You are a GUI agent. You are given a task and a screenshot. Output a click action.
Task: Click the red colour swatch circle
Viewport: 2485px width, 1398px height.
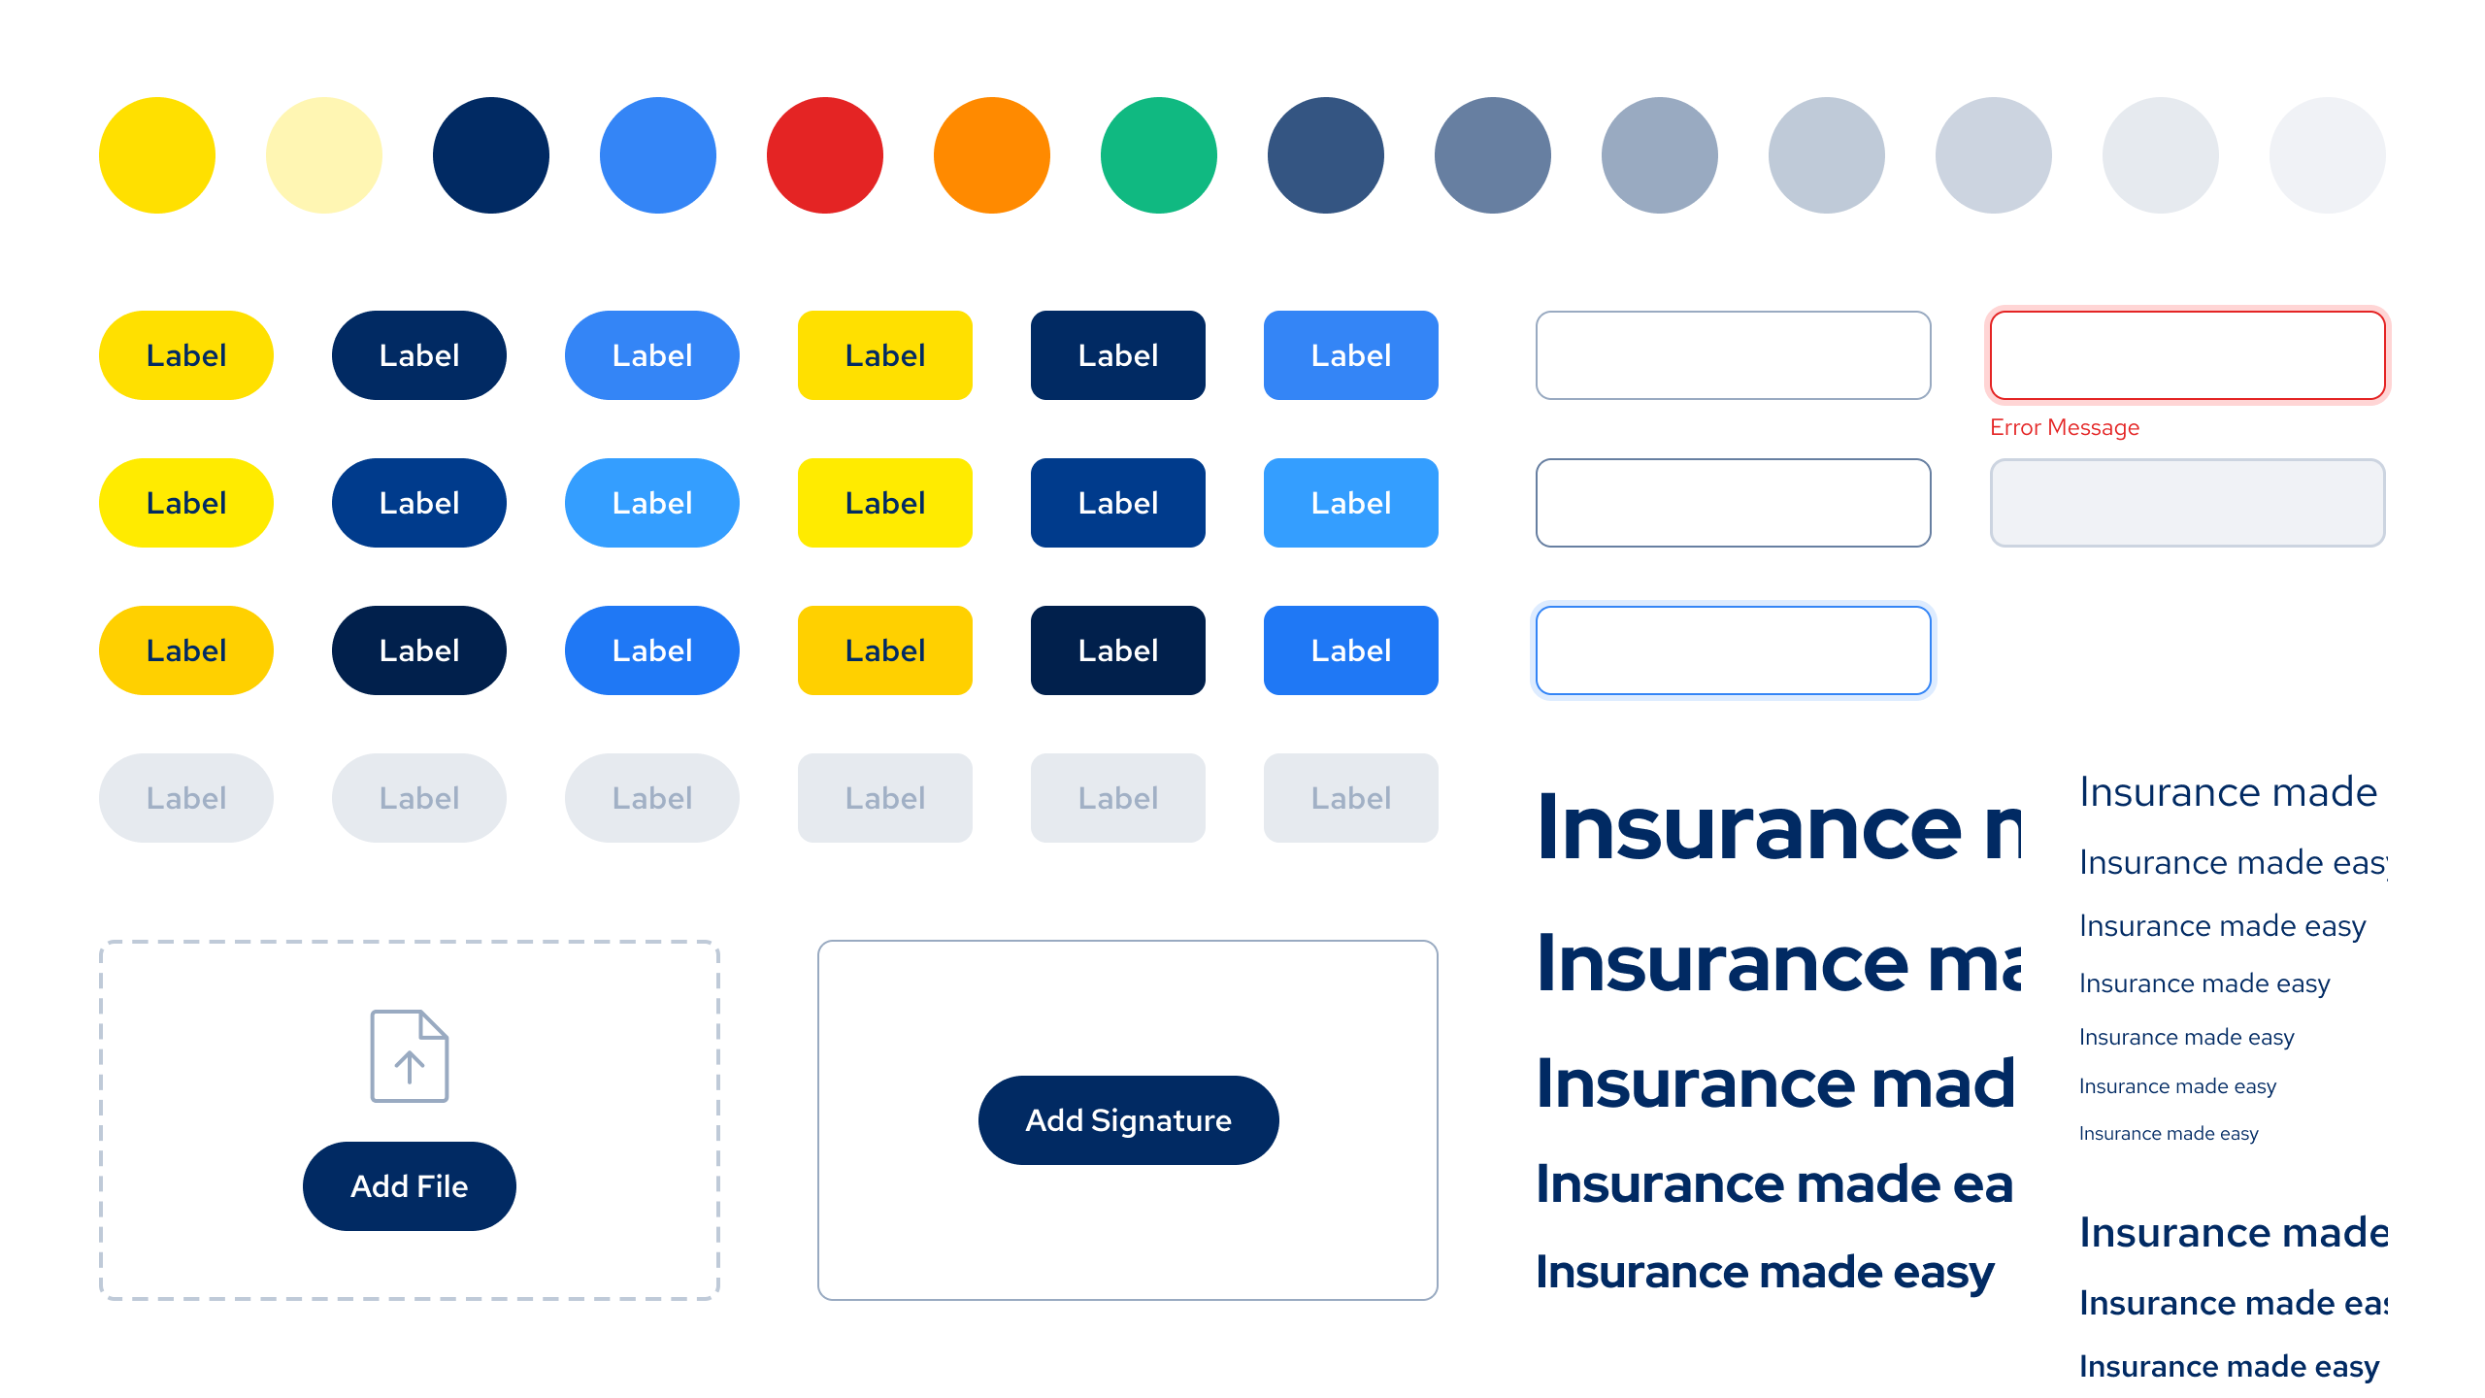point(825,155)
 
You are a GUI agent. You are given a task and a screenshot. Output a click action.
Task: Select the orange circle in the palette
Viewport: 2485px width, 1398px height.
point(992,155)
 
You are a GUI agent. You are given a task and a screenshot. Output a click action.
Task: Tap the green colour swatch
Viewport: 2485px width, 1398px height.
point(1159,155)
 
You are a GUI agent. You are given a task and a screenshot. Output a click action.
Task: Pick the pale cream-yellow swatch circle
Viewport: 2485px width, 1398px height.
point(324,155)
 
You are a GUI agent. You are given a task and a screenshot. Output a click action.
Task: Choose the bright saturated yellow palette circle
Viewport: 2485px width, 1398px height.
point(157,155)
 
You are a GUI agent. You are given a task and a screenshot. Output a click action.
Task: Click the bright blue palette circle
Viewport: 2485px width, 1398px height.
point(658,155)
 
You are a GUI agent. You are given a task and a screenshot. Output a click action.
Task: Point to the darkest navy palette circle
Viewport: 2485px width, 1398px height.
point(491,155)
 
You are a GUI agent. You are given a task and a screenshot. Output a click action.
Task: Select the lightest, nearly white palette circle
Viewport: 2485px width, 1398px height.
point(2328,155)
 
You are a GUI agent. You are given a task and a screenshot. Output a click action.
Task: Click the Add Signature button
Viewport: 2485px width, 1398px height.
point(1128,1120)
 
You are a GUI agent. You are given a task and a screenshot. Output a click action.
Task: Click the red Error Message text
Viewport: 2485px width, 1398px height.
point(2065,427)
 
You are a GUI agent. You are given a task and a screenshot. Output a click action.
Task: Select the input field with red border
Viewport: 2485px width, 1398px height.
point(2188,355)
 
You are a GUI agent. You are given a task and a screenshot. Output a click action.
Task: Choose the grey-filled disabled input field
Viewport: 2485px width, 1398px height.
point(2188,503)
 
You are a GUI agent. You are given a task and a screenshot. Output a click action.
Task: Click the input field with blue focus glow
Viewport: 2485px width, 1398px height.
point(1734,650)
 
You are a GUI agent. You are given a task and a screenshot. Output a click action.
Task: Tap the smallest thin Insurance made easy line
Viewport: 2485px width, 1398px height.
point(2169,1134)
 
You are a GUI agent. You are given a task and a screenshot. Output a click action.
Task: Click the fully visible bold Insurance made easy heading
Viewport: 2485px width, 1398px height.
point(1765,1272)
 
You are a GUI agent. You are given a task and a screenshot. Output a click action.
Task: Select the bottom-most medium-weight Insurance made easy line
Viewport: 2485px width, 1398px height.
point(2229,1367)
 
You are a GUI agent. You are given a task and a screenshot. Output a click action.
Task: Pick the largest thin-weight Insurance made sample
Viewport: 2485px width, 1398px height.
point(2228,792)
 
